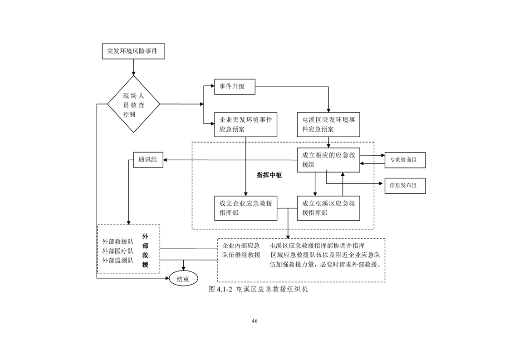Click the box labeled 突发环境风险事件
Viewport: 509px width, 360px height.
click(x=133, y=51)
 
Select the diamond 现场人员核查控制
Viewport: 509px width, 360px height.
click(x=133, y=104)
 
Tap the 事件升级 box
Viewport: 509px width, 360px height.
click(x=235, y=87)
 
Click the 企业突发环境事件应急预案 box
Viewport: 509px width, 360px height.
click(x=245, y=124)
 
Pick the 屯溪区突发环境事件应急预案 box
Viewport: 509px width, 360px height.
click(x=328, y=124)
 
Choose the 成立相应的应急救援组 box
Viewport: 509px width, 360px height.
click(x=328, y=160)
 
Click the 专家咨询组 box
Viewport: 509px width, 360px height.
click(x=405, y=160)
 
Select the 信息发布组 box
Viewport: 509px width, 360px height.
click(x=405, y=186)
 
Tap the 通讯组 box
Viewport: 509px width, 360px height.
click(x=148, y=160)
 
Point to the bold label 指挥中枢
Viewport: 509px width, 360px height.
click(x=269, y=175)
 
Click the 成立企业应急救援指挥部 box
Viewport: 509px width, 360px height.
click(x=245, y=208)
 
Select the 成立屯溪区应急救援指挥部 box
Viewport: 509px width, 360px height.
click(x=328, y=208)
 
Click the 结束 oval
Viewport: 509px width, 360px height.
click(x=183, y=279)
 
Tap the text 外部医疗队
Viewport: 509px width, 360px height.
click(x=117, y=251)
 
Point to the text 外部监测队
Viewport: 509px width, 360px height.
click(x=117, y=260)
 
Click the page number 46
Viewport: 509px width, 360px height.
click(x=254, y=321)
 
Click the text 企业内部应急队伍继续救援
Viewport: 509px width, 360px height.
click(x=241, y=250)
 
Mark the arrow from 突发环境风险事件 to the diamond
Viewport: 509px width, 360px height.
click(x=133, y=67)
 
